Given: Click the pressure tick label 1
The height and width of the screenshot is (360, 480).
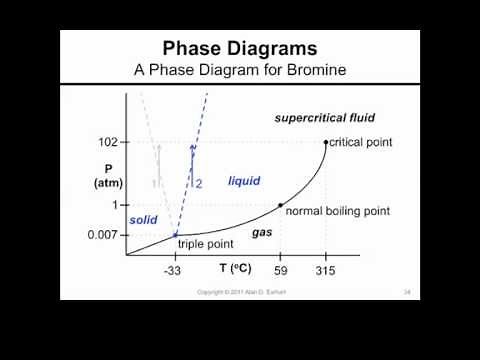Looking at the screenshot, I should point(114,205).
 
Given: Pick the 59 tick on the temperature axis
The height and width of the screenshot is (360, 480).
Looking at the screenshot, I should point(281,271).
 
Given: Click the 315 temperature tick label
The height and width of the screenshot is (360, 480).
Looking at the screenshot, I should point(326,271).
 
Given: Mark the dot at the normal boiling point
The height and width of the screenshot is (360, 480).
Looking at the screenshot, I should point(281,205).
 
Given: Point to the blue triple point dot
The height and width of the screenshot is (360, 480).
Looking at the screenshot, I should point(176,235).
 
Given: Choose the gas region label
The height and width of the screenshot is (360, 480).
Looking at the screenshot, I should point(262,231).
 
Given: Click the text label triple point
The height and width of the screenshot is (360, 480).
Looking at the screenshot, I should point(205,244).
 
